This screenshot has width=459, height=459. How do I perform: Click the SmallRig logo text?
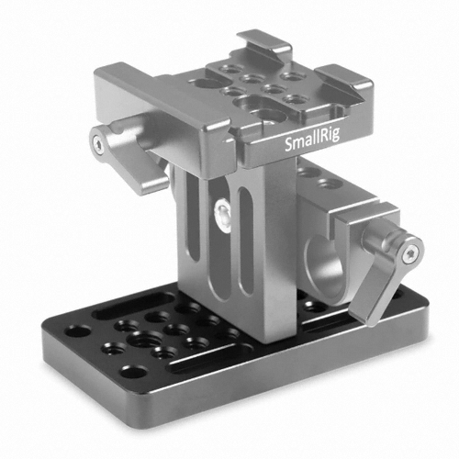tap(312, 140)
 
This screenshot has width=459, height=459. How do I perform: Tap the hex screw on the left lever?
tap(97, 142)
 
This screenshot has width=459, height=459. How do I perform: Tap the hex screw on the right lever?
tap(409, 253)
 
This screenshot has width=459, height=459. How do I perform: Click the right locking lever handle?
tap(388, 275)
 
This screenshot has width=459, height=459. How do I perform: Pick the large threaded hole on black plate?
tap(142, 339)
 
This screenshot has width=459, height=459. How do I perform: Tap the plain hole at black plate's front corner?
tap(133, 372)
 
